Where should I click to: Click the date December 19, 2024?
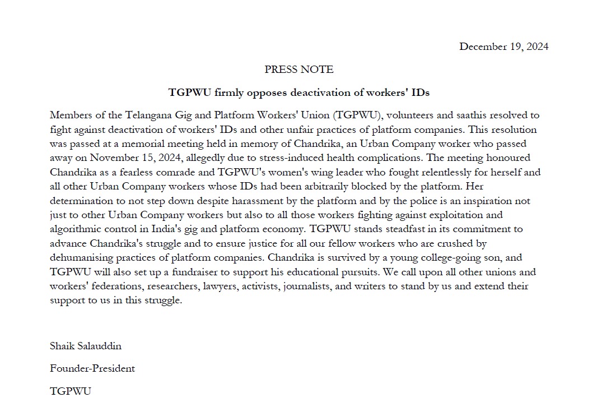(503, 47)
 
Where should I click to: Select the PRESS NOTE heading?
(299, 70)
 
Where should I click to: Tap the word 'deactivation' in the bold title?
(291, 92)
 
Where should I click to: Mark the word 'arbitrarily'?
(334, 187)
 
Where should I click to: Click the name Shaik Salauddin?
(85, 346)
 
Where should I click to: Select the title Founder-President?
(92, 368)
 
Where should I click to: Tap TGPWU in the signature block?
(70, 391)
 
